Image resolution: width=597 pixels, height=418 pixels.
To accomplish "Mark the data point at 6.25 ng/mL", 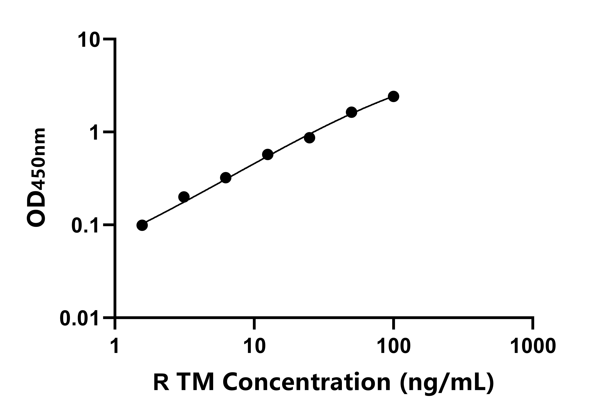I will [x=226, y=178].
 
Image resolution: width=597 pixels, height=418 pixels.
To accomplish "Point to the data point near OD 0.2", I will [x=184, y=197].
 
